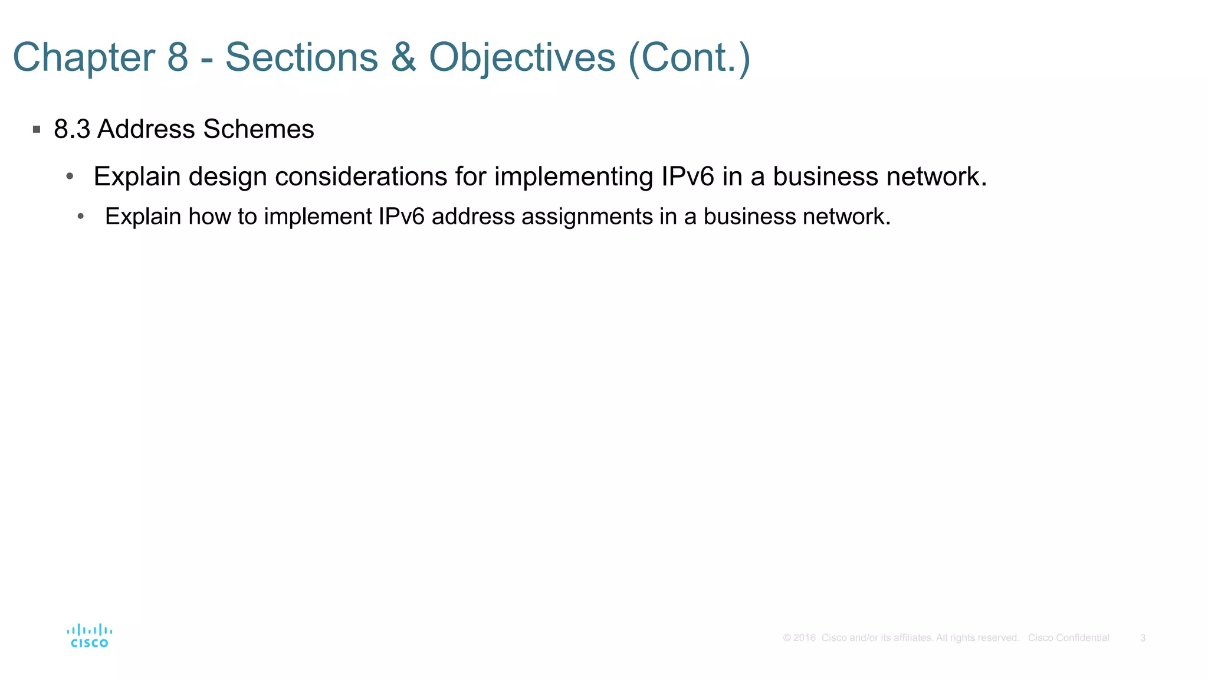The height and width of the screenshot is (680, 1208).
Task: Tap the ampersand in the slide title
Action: point(403,57)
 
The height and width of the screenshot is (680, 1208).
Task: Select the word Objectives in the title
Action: point(522,57)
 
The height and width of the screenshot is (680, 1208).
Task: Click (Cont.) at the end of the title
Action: point(689,57)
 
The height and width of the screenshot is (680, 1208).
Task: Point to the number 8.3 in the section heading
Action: point(72,129)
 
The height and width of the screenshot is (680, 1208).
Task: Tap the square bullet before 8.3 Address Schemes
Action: point(37,129)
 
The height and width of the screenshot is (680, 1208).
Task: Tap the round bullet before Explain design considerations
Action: point(70,176)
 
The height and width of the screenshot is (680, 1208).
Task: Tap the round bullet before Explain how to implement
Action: point(81,217)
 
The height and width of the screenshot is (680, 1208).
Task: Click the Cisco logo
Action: point(90,636)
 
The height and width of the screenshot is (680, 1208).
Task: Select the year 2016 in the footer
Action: point(804,637)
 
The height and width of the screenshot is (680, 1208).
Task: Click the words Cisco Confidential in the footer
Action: point(1068,637)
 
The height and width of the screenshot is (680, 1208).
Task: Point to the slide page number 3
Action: point(1143,637)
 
